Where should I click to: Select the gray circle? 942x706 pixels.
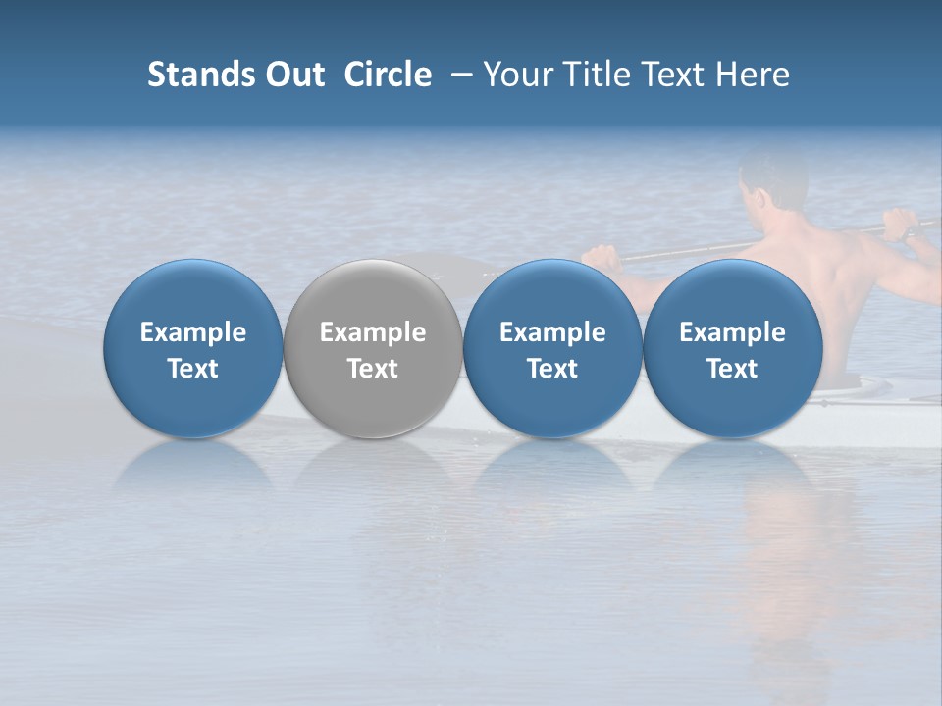coord(372,347)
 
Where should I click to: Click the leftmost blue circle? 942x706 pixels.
coord(192,347)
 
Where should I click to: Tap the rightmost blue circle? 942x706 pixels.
coord(732,347)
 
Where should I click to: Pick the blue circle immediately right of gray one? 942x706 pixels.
coord(552,347)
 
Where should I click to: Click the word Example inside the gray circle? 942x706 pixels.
coord(372,332)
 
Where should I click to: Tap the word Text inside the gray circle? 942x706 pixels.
coord(372,369)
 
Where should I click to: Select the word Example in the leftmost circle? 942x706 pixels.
coord(192,332)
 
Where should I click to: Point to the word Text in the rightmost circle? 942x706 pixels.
coord(732,369)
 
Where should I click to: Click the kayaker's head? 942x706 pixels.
coord(772,180)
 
